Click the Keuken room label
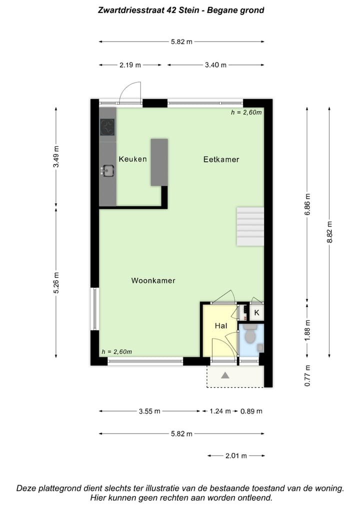(x=132, y=159)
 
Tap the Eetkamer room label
(x=221, y=159)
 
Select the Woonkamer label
(x=153, y=280)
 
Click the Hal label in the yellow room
(x=221, y=325)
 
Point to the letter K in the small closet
(x=256, y=313)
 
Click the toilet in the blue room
(x=250, y=336)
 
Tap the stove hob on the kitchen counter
(x=107, y=127)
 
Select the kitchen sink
(x=107, y=171)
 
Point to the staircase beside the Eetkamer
(x=250, y=227)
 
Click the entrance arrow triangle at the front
(x=225, y=375)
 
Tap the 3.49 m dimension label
(x=56, y=156)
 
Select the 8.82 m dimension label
(x=329, y=232)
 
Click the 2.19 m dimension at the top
(x=130, y=65)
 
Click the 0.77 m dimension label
(x=308, y=376)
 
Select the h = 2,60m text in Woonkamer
(x=116, y=351)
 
